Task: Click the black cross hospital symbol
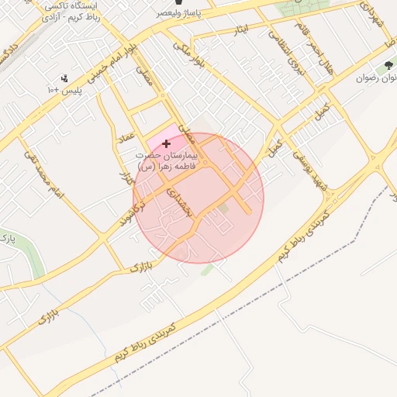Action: [166, 143]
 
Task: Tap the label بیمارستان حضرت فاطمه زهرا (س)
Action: [167, 161]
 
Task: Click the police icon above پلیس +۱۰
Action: [64, 78]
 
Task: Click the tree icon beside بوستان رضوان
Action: [388, 67]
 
